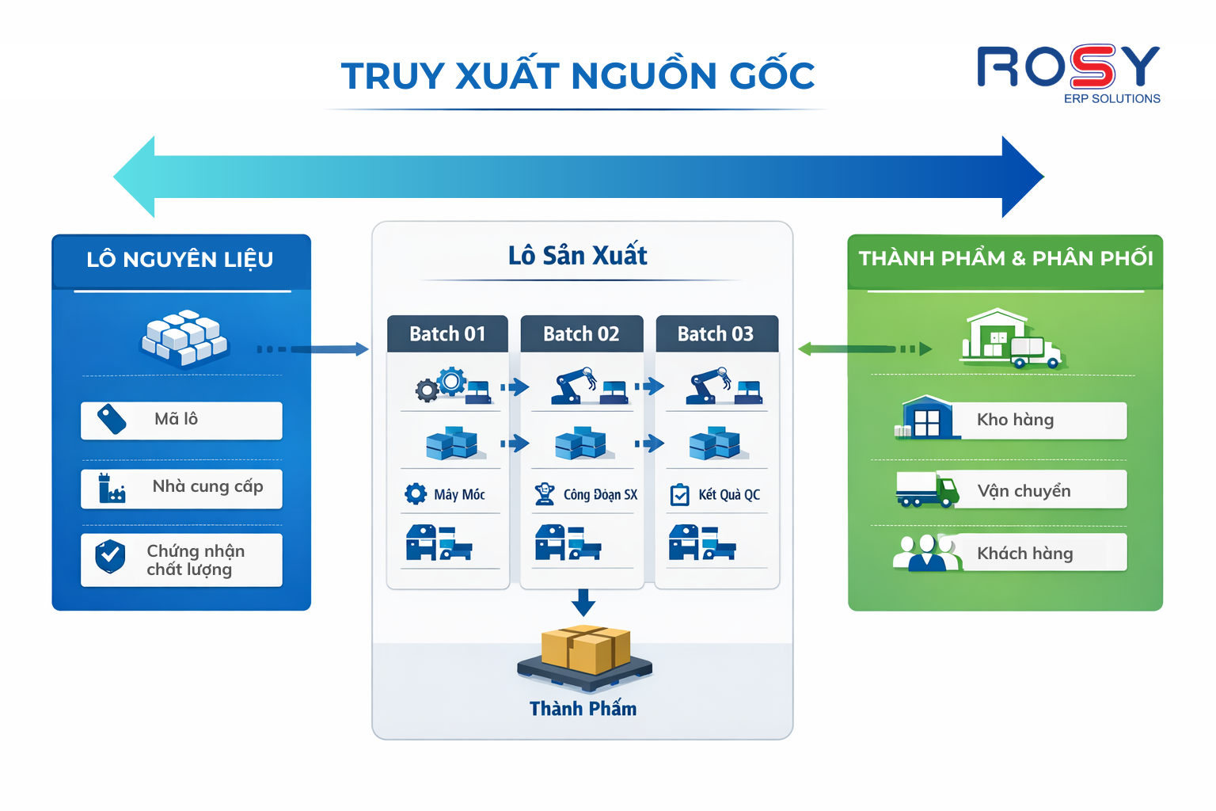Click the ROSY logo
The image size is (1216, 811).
[1069, 71]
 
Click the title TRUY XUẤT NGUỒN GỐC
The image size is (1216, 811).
[577, 76]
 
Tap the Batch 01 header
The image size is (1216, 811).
[447, 334]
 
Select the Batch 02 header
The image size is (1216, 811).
[581, 334]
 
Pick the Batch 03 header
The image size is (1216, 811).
[716, 334]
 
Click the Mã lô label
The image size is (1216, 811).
[176, 419]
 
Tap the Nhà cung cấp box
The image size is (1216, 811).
[181, 488]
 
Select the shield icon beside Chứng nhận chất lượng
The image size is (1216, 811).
[110, 556]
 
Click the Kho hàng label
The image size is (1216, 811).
[1015, 420]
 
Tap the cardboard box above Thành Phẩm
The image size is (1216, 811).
[586, 649]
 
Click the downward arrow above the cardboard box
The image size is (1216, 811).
[583, 603]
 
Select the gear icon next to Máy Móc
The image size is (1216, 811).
[416, 494]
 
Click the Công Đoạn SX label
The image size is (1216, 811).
[600, 495]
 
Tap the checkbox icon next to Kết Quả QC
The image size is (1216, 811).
[679, 495]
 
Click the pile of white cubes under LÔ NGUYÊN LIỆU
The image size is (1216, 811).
[184, 337]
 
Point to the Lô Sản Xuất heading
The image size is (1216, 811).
[578, 256]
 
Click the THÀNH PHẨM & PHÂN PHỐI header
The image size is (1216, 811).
[1005, 259]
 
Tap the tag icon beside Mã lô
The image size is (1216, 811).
[112, 420]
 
